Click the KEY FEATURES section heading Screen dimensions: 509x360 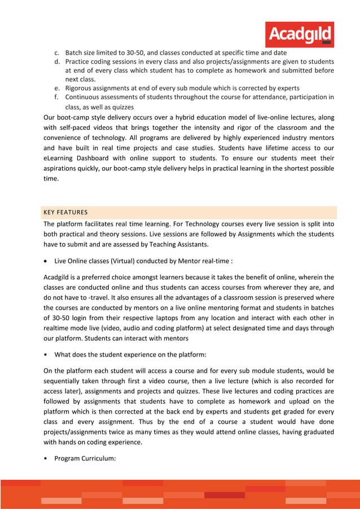click(x=65, y=212)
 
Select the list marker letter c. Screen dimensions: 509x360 click(x=56, y=52)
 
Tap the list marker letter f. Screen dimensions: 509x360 click(x=56, y=97)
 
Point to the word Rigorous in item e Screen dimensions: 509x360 click(x=80, y=88)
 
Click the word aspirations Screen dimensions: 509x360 click(x=63, y=168)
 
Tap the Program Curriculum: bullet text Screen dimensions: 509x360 click(x=85, y=458)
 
